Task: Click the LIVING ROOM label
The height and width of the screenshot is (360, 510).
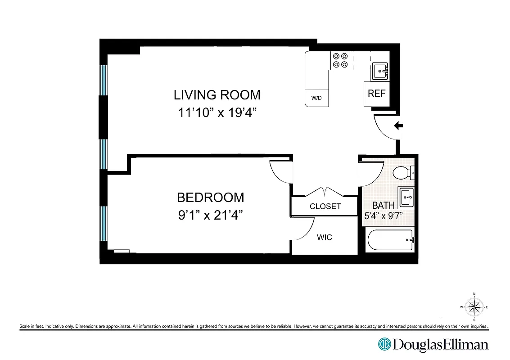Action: coord(217,95)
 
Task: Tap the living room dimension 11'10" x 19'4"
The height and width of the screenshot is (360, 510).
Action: coord(217,112)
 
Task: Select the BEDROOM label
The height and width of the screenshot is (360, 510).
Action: coord(210,198)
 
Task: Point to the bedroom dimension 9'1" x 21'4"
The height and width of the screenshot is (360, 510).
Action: coord(210,215)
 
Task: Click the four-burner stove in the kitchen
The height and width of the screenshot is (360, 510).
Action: coord(340,60)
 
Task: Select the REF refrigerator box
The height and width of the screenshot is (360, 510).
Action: coord(376,94)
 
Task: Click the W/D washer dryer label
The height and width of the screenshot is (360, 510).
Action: coord(317,98)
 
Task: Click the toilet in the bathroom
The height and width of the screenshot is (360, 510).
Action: coord(402,172)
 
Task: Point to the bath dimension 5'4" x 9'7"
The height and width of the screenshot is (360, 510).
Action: coord(383,216)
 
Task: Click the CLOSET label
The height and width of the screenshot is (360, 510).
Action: coord(325,207)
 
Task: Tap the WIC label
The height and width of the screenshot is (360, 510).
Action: coord(325,237)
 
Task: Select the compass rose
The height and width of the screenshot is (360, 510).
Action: coord(474,307)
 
